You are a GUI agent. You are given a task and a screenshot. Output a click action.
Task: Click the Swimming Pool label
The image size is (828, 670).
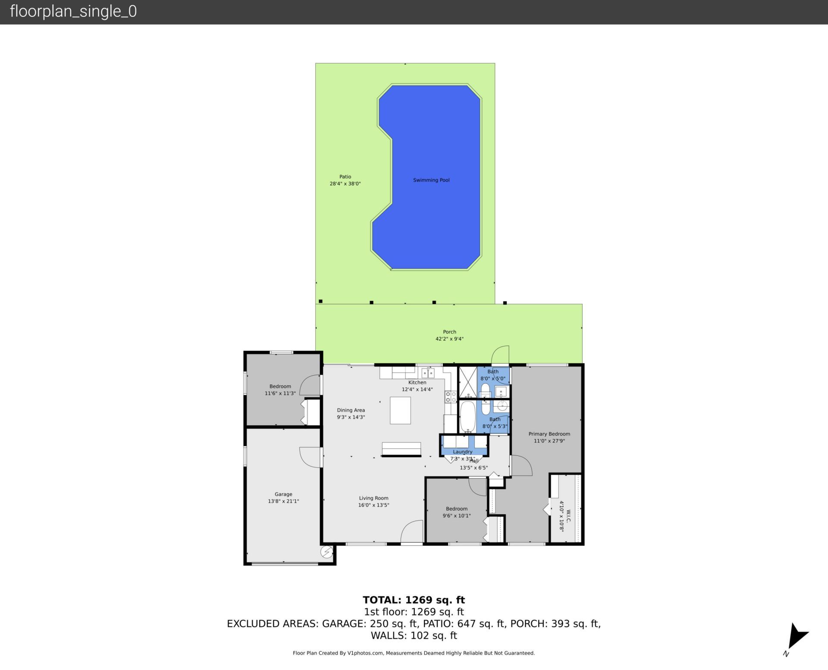pyautogui.click(x=431, y=180)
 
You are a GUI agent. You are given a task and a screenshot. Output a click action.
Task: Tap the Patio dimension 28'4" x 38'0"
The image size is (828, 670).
pyautogui.click(x=345, y=183)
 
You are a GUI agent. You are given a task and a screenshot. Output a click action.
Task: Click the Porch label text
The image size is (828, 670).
pyautogui.click(x=449, y=332)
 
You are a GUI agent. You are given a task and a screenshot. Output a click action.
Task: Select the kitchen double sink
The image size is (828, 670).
pyautogui.click(x=428, y=373)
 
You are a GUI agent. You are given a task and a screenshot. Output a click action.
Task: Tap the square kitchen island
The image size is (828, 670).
pyautogui.click(x=400, y=411)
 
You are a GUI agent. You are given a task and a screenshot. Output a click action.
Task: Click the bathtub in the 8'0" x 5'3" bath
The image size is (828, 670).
pyautogui.click(x=467, y=417)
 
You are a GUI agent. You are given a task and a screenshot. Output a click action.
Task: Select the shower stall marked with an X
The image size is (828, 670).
pyautogui.click(x=467, y=382)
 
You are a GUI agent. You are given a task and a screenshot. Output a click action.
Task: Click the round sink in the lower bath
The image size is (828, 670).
pyautogui.click(x=502, y=406)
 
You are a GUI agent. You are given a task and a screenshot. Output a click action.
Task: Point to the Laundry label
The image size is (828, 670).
pyautogui.click(x=462, y=452)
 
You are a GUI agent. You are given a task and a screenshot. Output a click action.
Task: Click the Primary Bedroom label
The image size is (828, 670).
pyautogui.click(x=549, y=434)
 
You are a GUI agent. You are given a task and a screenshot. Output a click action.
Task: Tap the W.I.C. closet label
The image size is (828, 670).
pyautogui.click(x=568, y=516)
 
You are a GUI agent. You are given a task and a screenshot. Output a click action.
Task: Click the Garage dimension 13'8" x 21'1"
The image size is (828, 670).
pyautogui.click(x=283, y=501)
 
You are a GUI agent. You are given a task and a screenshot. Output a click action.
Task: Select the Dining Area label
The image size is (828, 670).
pyautogui.click(x=351, y=410)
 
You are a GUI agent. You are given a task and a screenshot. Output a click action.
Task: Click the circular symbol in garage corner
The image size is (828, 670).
pyautogui.click(x=326, y=552)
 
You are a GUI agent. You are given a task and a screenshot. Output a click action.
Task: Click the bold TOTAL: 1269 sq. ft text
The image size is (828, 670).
pyautogui.click(x=414, y=600)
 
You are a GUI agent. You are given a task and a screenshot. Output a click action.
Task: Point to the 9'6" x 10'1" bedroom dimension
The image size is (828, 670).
pyautogui.click(x=456, y=515)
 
